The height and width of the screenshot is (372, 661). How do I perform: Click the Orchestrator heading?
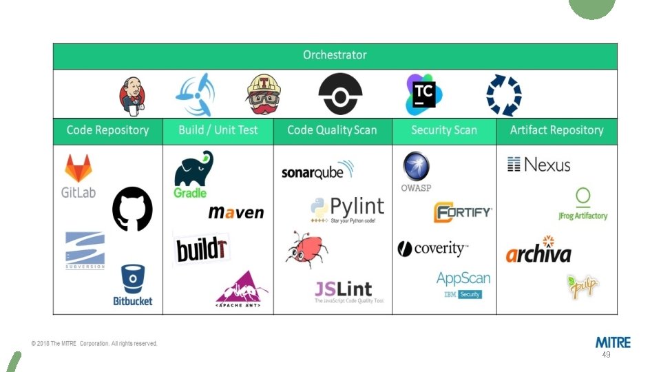[x=335, y=55]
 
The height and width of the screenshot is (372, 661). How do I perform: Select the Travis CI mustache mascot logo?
[x=264, y=94]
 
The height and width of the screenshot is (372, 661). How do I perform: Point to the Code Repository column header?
[x=107, y=130]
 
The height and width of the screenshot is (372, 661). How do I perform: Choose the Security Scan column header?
[x=444, y=130]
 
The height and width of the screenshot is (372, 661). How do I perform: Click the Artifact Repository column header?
[x=556, y=130]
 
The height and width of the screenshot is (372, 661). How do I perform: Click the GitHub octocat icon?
[x=132, y=209]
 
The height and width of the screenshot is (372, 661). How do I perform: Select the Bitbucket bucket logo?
[x=133, y=285]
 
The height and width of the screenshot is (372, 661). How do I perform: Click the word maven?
[x=236, y=213]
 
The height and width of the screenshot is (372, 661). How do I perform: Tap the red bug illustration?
[x=306, y=249]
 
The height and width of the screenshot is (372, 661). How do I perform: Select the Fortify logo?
[x=463, y=212]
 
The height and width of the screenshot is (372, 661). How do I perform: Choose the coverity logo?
[x=432, y=249]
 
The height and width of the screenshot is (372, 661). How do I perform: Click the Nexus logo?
[x=539, y=165]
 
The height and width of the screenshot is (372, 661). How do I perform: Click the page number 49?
[x=606, y=355]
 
